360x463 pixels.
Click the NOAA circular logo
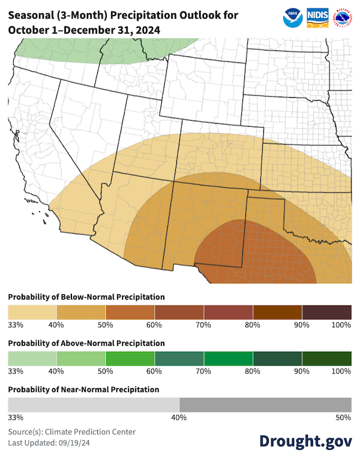(x=293, y=16)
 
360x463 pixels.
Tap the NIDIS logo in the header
(x=317, y=16)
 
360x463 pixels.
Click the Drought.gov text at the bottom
(x=305, y=441)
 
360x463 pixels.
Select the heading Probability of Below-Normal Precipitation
(x=86, y=297)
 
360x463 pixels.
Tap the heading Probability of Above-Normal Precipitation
(x=86, y=343)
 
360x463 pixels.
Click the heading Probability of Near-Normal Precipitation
(x=83, y=390)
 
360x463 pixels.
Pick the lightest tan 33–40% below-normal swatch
(x=32, y=312)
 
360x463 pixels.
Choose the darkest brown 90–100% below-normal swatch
(x=327, y=312)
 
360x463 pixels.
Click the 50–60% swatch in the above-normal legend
(x=130, y=359)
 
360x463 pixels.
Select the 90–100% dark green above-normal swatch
(x=327, y=359)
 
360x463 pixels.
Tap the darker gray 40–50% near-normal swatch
(x=265, y=405)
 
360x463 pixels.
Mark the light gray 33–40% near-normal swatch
(x=93, y=405)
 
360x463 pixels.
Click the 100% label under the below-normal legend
(x=341, y=325)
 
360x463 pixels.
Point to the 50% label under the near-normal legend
(x=344, y=417)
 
